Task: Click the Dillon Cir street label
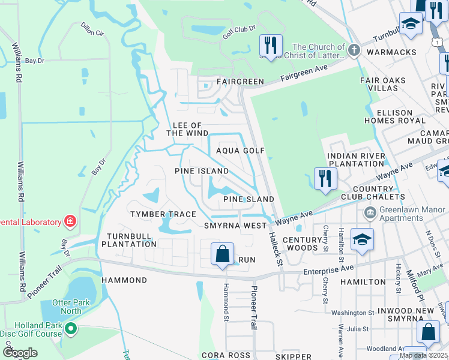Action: [91, 29]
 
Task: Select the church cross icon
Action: [355, 50]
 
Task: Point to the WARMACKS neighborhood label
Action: [396, 52]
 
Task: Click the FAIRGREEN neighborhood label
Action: [240, 81]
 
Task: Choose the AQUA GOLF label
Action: [240, 151]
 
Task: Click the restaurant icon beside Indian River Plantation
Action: [325, 179]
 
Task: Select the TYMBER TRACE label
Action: [164, 214]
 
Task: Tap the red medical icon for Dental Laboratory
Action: [71, 222]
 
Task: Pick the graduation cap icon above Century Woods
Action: [363, 239]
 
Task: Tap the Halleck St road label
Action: [276, 249]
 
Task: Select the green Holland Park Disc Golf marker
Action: [71, 328]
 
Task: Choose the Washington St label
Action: [352, 313]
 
